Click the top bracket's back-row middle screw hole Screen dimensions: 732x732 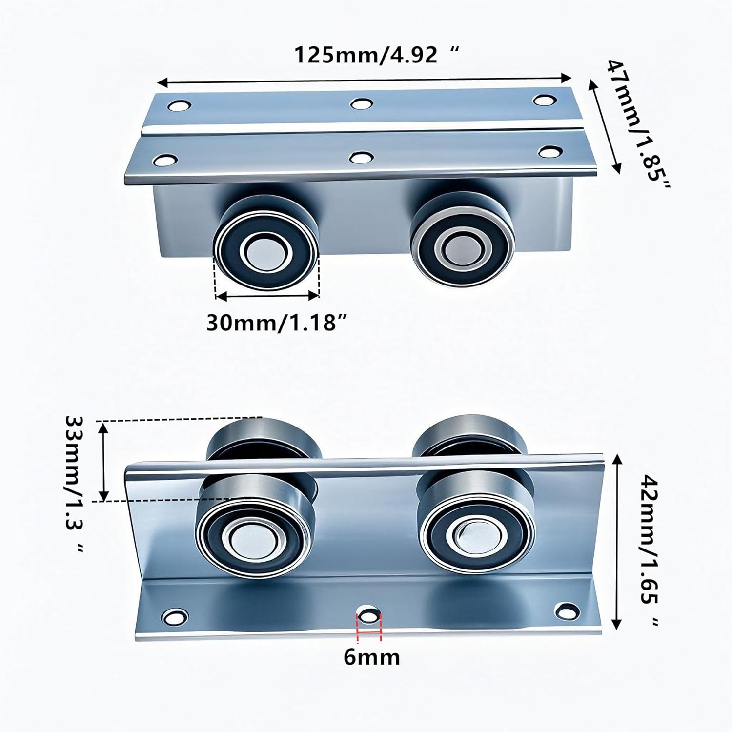362,104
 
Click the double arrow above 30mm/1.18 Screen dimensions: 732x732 267,295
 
